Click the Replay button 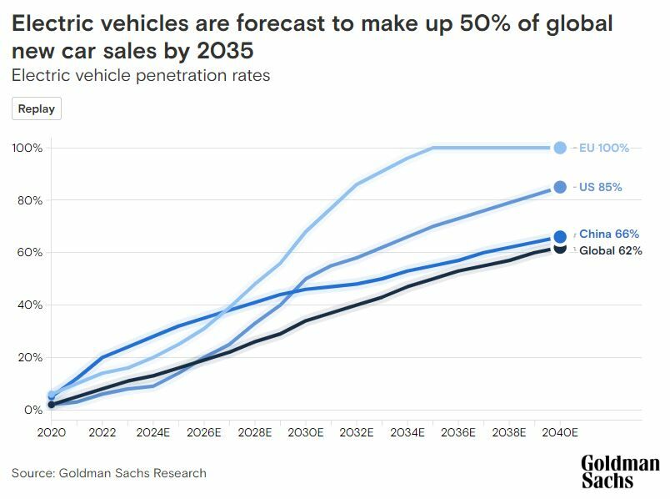pyautogui.click(x=37, y=108)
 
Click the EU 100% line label pyautogui.click(x=604, y=148)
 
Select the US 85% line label pyautogui.click(x=600, y=188)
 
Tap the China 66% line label pyautogui.click(x=608, y=234)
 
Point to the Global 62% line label pyautogui.click(x=610, y=251)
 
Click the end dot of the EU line pyautogui.click(x=560, y=148)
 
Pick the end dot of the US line pyautogui.click(x=560, y=187)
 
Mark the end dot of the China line pyautogui.click(x=560, y=237)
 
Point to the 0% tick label pyautogui.click(x=33, y=410)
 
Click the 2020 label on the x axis pyautogui.click(x=51, y=433)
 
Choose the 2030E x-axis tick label pyautogui.click(x=306, y=433)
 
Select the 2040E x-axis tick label pyautogui.click(x=560, y=433)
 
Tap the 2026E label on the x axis pyautogui.click(x=204, y=433)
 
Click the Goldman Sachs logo pyautogui.click(x=620, y=471)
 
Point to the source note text pyautogui.click(x=109, y=473)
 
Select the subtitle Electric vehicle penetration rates pyautogui.click(x=141, y=75)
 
